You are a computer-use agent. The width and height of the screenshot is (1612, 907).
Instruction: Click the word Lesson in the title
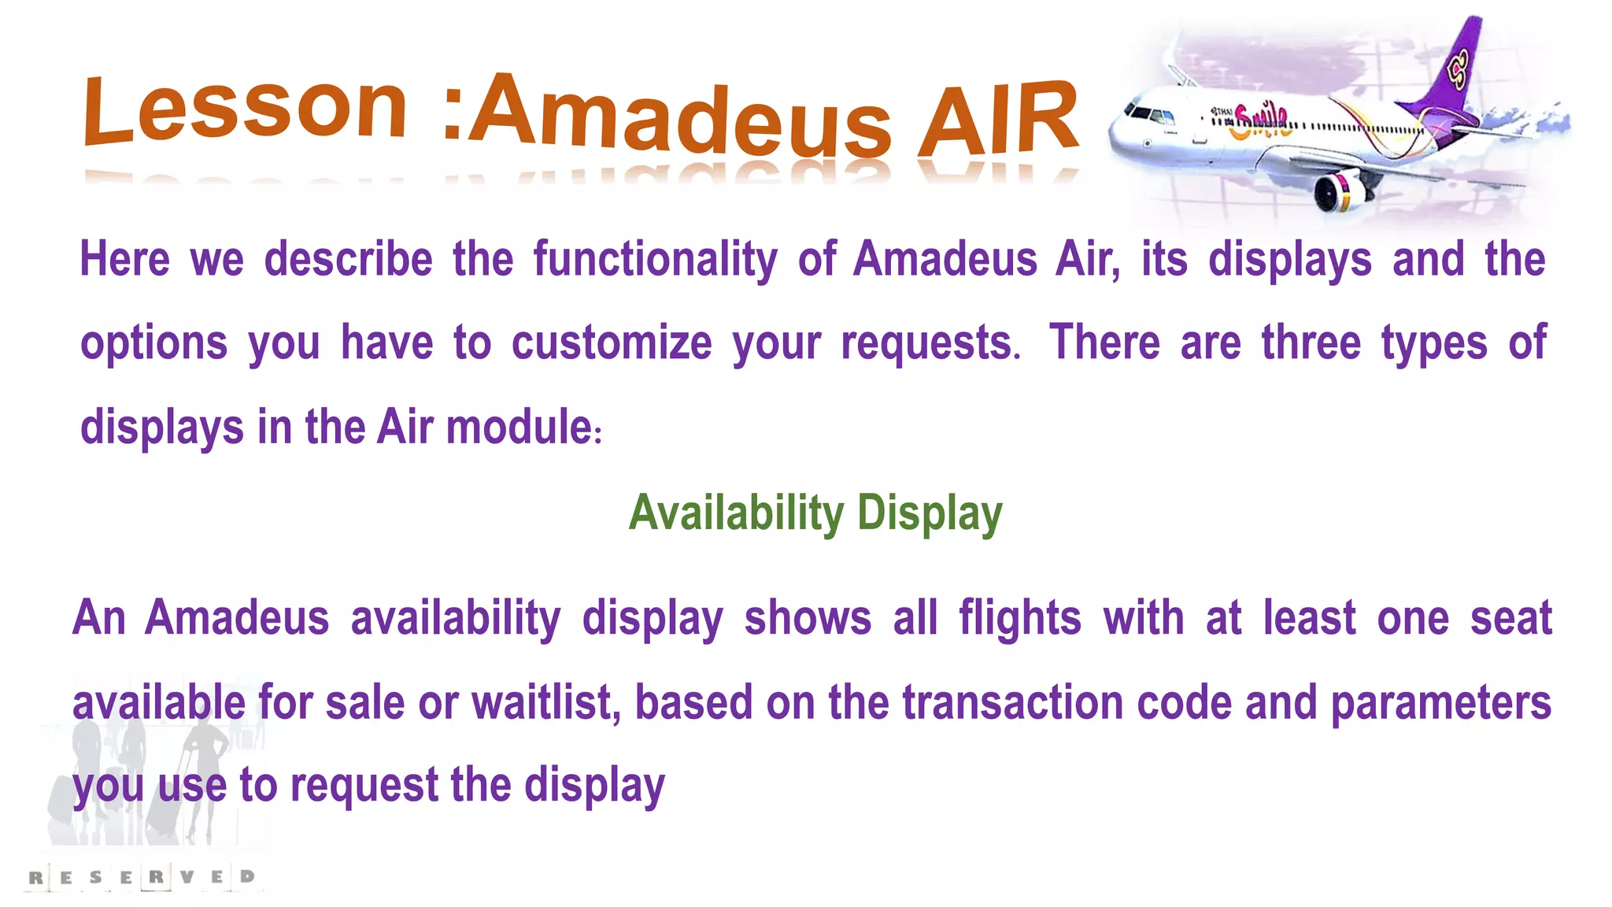[246, 110]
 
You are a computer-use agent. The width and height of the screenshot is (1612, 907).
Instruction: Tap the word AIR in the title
[998, 120]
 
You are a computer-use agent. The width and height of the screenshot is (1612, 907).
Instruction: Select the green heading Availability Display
[815, 513]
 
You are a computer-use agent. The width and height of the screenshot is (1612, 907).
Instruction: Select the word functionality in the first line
[655, 260]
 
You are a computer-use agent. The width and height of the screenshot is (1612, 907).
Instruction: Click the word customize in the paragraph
[612, 344]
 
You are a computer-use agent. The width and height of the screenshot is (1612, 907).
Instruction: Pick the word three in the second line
[1311, 344]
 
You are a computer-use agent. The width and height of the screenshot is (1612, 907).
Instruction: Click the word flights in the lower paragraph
[1020, 618]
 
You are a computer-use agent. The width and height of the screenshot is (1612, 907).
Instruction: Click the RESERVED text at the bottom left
[142, 876]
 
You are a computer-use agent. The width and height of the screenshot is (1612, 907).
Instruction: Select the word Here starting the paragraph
[124, 260]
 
